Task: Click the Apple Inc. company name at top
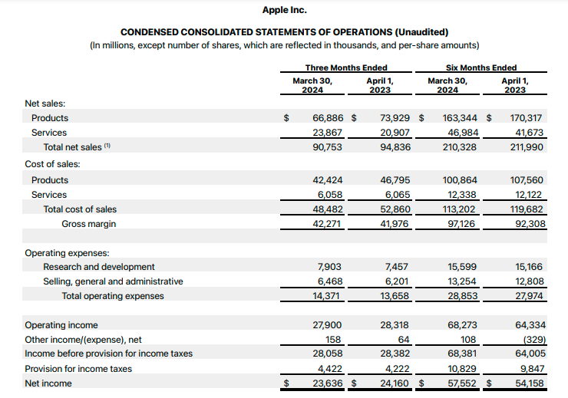click(284, 10)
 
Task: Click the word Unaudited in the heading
click(420, 32)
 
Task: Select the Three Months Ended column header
click(345, 67)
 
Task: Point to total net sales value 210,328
click(461, 147)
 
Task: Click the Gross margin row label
click(89, 224)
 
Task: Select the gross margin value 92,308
click(527, 224)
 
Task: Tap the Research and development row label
click(99, 267)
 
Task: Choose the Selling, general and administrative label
click(113, 281)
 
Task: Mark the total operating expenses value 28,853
click(462, 296)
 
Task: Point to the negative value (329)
click(529, 340)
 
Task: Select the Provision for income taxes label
click(78, 369)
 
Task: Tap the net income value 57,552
click(462, 383)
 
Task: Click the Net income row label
click(48, 383)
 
